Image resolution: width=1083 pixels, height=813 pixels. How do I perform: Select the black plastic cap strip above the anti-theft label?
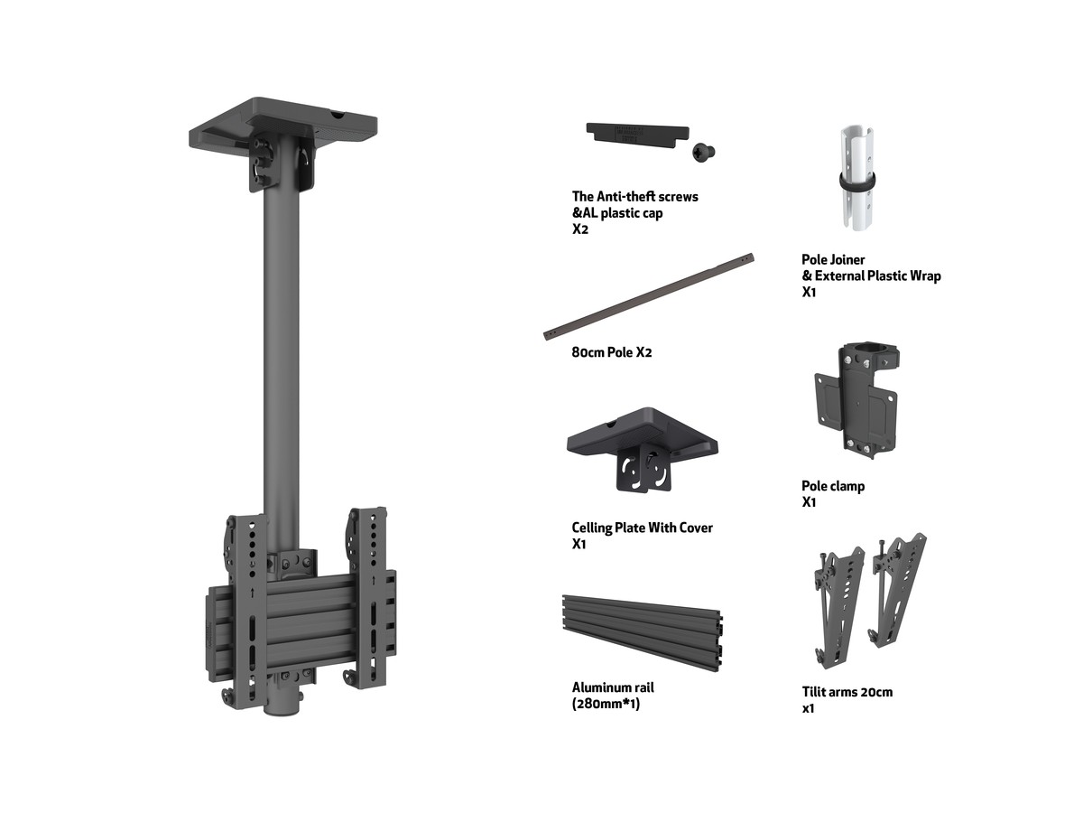[x=637, y=135]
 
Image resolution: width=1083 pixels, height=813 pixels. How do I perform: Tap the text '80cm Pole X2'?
[x=611, y=352]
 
